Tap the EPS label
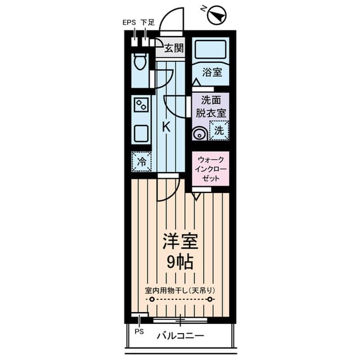(129, 24)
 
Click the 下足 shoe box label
(147, 24)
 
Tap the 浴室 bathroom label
(211, 73)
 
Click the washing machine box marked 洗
(219, 131)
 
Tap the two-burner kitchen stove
(141, 105)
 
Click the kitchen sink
(141, 134)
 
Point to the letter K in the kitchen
(166, 127)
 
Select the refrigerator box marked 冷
(141, 161)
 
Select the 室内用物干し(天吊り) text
(180, 290)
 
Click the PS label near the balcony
(139, 331)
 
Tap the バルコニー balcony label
(180, 336)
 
